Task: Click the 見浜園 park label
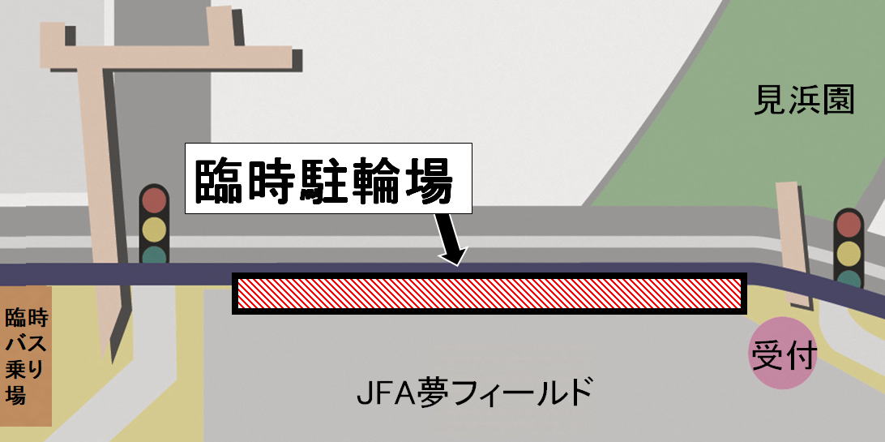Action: coord(804,101)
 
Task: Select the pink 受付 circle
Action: coord(782,354)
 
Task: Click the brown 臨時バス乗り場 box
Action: coord(26,355)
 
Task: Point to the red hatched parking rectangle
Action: coord(489,294)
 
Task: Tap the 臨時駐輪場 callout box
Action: coord(327,179)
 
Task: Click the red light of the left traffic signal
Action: coord(153,200)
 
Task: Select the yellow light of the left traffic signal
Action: coord(153,228)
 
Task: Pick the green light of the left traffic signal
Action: coord(153,254)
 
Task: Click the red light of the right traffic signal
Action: coord(849,223)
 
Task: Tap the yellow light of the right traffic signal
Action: coord(849,252)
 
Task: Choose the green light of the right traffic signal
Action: coord(849,278)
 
